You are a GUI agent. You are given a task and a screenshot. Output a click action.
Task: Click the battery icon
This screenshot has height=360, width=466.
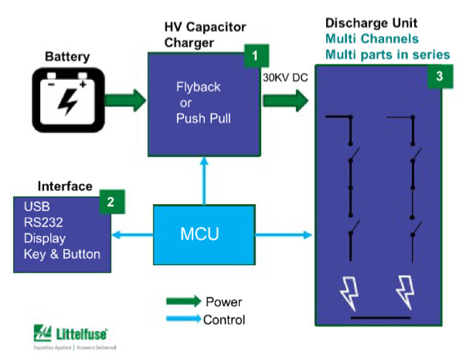coord(68,99)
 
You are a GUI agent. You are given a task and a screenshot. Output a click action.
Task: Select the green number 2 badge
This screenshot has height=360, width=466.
coord(110,203)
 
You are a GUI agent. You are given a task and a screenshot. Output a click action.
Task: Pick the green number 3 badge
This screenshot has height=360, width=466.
coord(439,76)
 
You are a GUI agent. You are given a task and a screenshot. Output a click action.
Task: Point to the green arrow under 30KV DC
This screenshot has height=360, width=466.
coord(285,100)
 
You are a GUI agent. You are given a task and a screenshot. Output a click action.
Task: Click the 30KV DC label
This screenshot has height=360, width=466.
coord(285,77)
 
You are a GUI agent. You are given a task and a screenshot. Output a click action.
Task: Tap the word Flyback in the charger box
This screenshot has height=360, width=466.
coord(198,88)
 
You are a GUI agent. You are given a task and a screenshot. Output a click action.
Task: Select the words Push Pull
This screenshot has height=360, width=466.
coord(203,119)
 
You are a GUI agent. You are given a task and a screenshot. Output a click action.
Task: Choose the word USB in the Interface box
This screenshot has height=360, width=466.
coord(36,207)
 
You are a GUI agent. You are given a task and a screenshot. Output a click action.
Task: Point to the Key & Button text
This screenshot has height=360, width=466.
coord(62,254)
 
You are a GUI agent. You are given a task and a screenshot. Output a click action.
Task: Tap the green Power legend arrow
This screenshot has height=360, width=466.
coord(184,301)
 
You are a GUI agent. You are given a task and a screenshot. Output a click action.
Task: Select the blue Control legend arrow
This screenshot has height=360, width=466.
coord(184,318)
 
